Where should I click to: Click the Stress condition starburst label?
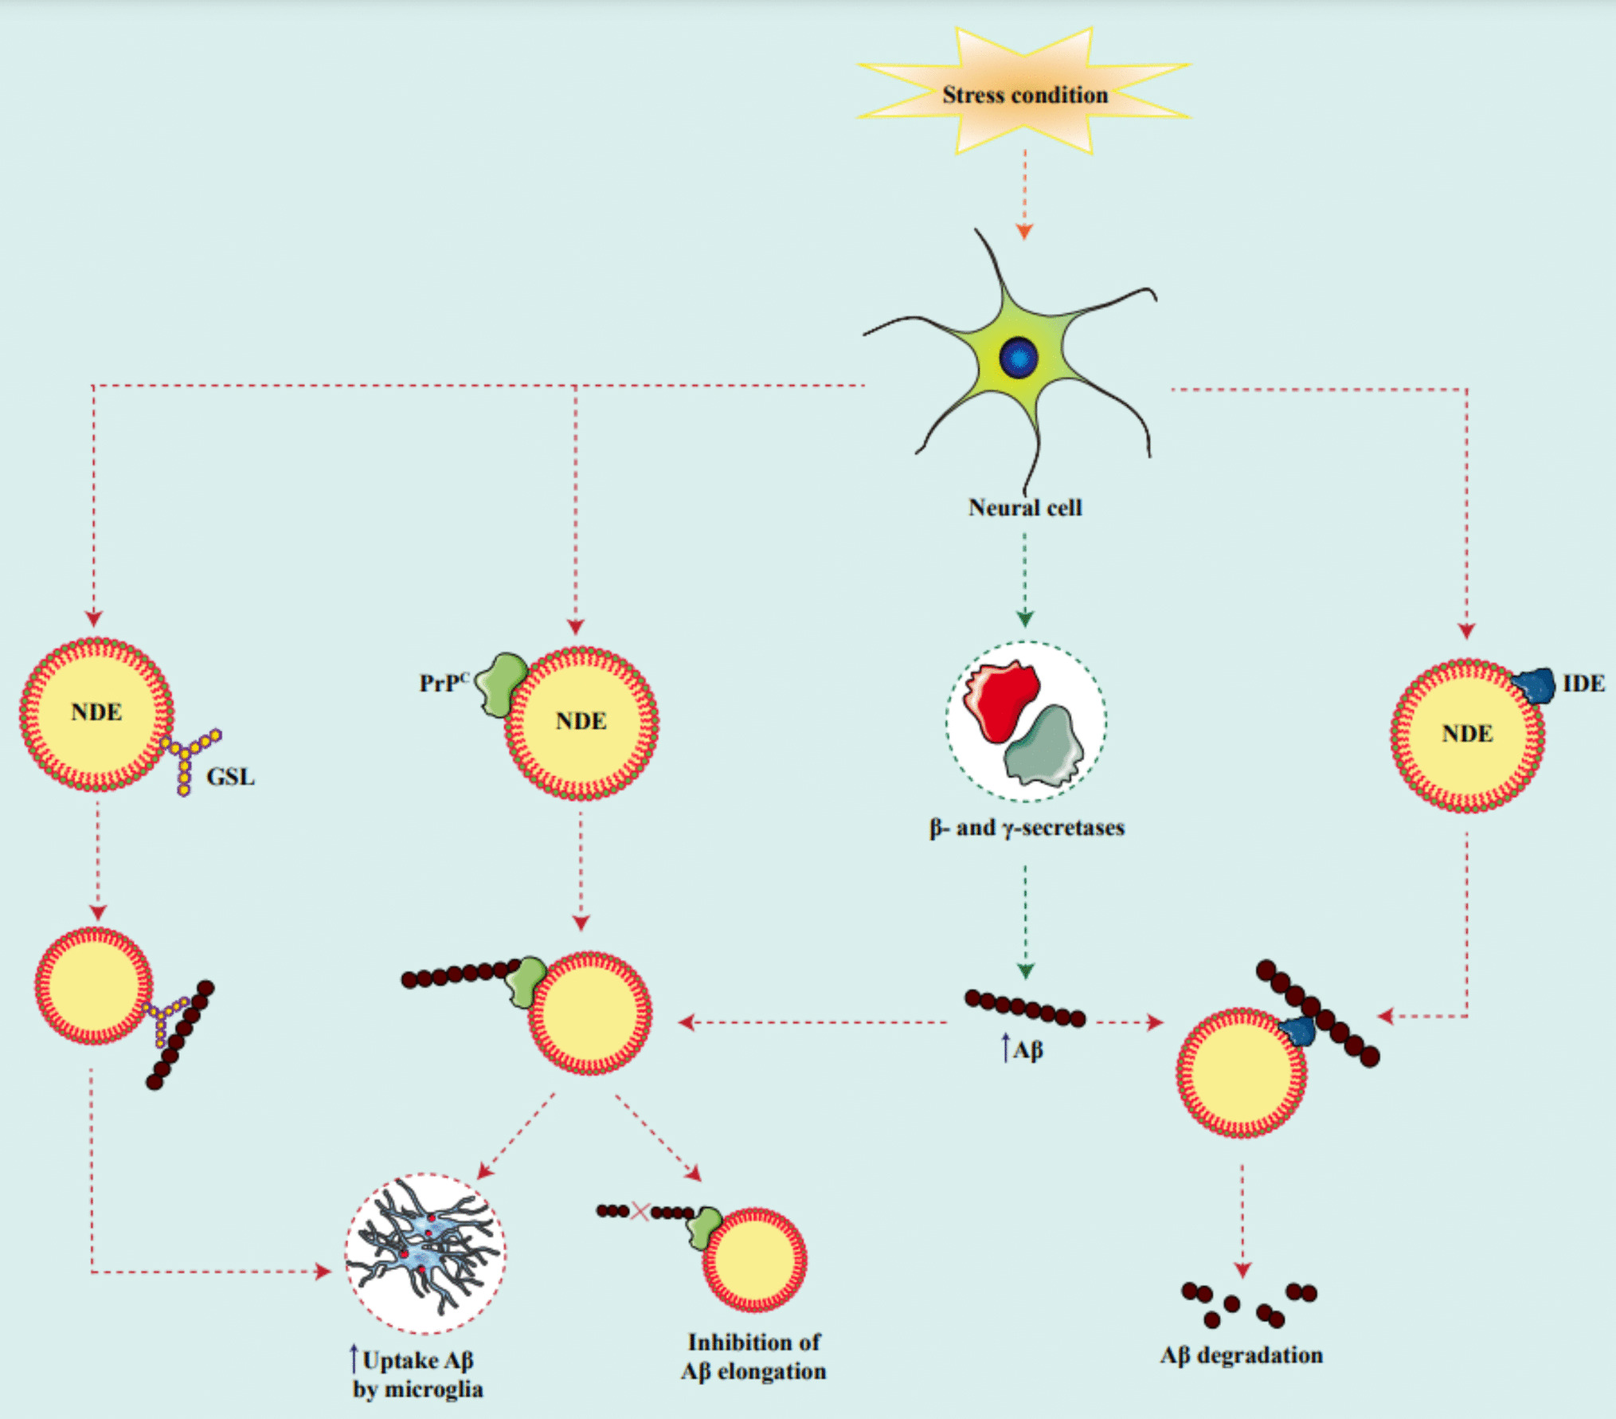1024,95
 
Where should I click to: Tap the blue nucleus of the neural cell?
1019,357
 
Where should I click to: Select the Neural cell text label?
1025,508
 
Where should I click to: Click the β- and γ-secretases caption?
1026,828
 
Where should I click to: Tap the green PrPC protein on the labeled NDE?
501,683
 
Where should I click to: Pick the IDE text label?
1583,684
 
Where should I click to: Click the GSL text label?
230,777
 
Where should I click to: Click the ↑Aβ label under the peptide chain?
1023,1050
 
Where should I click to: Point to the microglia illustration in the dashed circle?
425,1253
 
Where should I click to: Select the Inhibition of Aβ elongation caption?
753,1357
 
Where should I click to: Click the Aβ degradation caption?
1241,1355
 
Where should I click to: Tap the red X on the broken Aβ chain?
640,1212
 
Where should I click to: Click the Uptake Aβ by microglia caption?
417,1374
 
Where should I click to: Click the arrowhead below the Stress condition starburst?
1024,232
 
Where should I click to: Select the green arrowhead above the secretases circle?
1025,619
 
